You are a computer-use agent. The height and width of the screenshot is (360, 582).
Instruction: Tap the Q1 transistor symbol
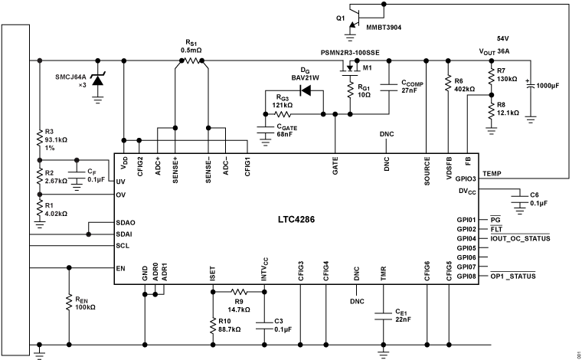355,18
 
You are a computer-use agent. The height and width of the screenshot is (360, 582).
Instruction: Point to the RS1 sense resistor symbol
191,61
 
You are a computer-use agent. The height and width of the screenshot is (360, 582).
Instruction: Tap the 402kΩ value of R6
465,89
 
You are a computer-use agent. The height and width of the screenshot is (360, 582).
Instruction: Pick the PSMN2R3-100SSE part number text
349,52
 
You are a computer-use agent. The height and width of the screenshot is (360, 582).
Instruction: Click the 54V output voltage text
502,38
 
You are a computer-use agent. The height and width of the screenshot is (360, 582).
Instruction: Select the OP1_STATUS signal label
517,276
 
